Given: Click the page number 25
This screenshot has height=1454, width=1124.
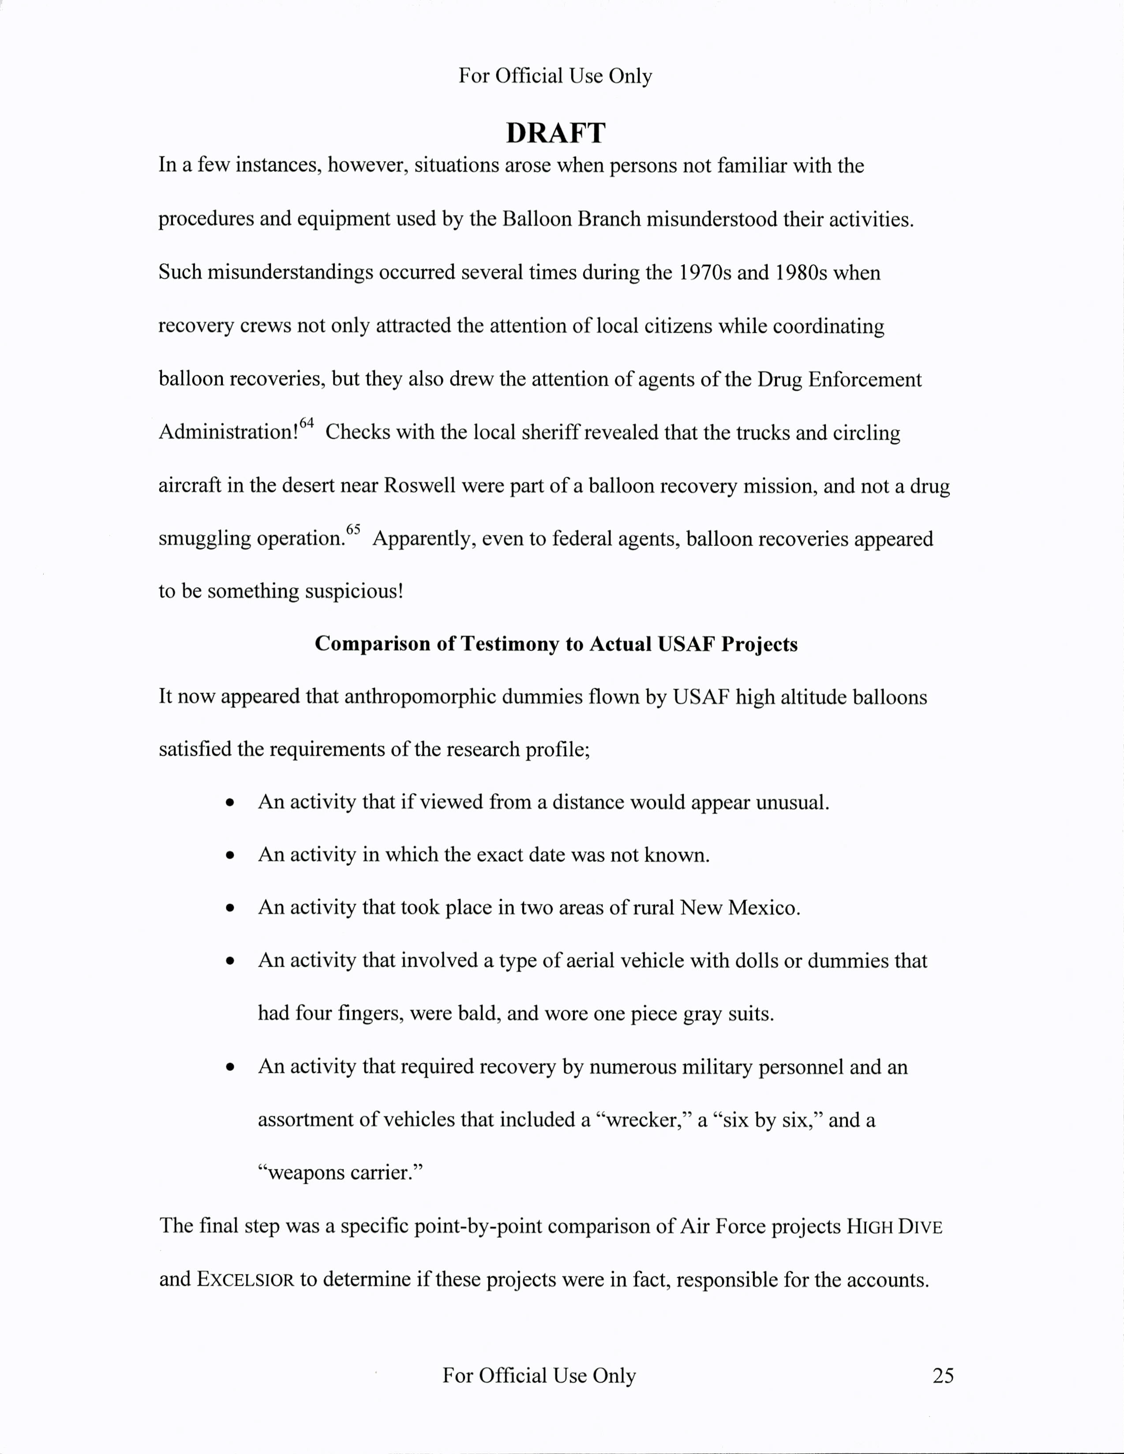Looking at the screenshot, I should click(x=943, y=1375).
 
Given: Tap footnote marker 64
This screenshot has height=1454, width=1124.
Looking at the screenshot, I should click(x=306, y=423).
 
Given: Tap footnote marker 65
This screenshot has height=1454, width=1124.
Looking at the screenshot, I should click(x=353, y=529).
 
